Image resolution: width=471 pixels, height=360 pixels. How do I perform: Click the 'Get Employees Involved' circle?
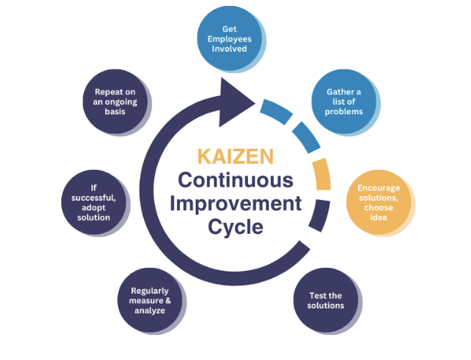coord(230,38)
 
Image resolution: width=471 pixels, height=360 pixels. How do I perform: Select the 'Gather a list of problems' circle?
coord(343,102)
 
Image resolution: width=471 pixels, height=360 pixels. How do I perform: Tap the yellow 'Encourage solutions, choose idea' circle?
coord(379,202)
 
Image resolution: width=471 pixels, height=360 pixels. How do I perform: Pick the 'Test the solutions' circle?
coord(326,300)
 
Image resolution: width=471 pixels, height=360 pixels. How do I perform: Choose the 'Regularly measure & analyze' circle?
coord(150,300)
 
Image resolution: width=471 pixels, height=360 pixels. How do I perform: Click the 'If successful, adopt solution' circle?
coord(94,202)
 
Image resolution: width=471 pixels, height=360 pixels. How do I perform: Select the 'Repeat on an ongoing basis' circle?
coord(115,102)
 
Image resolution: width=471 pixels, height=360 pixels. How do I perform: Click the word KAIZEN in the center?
coord(235,156)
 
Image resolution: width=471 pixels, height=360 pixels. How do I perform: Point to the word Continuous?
coord(235,180)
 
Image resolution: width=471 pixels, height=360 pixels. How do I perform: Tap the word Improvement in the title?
coord(235,204)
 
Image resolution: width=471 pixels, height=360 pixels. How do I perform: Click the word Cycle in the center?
coord(235,227)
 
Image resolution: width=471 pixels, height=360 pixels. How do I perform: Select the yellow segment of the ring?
coord(322,174)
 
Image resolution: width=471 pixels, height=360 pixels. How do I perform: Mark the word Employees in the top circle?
coord(230,39)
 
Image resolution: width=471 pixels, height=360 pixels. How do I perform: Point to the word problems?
coord(343,111)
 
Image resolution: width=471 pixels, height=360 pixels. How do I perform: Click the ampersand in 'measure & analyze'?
coord(168,300)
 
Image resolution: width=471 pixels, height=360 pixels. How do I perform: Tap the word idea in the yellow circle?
coord(379,218)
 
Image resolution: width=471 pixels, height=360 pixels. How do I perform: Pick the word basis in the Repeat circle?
coord(115,111)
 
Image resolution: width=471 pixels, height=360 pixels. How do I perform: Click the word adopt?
coord(94,208)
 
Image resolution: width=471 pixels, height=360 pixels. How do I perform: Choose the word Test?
coord(316,296)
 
